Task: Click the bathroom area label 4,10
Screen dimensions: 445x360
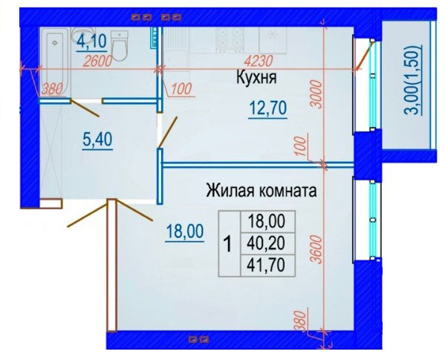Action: [x=91, y=42]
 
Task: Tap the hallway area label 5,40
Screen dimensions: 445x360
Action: [x=97, y=140]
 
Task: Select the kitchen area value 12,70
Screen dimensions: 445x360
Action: [x=268, y=108]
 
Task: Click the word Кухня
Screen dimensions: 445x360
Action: [x=256, y=77]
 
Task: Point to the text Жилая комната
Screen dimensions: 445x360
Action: [x=262, y=190]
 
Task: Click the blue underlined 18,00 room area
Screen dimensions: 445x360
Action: [x=185, y=232]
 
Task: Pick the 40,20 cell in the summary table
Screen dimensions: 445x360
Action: [x=266, y=243]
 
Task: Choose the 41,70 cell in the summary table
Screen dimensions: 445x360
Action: [x=266, y=265]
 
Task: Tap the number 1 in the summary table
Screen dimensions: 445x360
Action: [x=228, y=244]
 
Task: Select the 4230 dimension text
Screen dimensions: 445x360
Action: [x=259, y=61]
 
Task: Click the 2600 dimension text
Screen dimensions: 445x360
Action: [x=97, y=61]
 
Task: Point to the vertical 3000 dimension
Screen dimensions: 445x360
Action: [x=317, y=94]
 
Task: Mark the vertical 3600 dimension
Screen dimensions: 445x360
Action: [x=317, y=249]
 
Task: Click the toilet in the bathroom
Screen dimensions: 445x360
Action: [x=120, y=46]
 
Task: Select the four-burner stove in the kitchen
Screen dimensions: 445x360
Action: [x=230, y=39]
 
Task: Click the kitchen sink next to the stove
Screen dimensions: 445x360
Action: [x=273, y=39]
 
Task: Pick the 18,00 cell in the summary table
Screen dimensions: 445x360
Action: [x=266, y=221]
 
